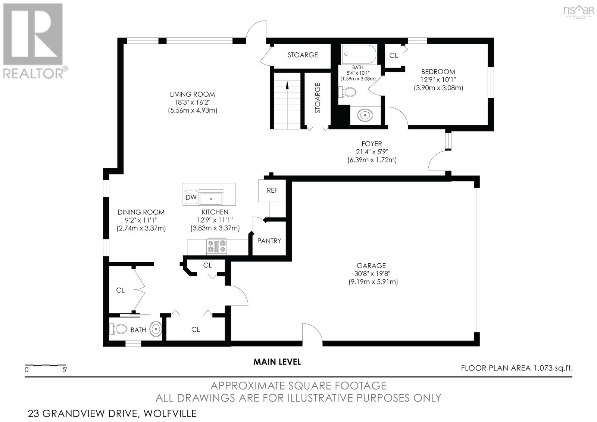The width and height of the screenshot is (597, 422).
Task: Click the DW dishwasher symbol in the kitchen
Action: click(191, 198)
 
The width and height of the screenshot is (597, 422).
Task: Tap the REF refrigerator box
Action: click(272, 190)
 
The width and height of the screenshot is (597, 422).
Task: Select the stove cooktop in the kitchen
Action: click(217, 246)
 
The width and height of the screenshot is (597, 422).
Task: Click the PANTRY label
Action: click(269, 241)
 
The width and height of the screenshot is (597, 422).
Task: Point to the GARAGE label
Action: click(371, 266)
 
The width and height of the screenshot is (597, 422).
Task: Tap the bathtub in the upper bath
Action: click(359, 54)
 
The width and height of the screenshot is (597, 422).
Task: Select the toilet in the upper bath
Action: click(347, 92)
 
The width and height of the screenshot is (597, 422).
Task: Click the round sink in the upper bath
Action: click(365, 115)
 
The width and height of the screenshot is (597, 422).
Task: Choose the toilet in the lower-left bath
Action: click(118, 329)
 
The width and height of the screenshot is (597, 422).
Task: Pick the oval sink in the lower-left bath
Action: click(156, 329)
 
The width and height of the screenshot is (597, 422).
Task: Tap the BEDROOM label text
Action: click(438, 72)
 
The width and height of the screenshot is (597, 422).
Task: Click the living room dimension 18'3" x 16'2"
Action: click(193, 102)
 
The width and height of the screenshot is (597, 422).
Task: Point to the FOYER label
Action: click(372, 144)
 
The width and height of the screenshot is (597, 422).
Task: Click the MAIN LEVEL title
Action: click(277, 362)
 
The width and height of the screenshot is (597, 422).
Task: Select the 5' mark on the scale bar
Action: click(65, 370)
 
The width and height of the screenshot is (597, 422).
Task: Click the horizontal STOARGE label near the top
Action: click(303, 55)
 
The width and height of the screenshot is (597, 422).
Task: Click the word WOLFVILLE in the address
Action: click(170, 413)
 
